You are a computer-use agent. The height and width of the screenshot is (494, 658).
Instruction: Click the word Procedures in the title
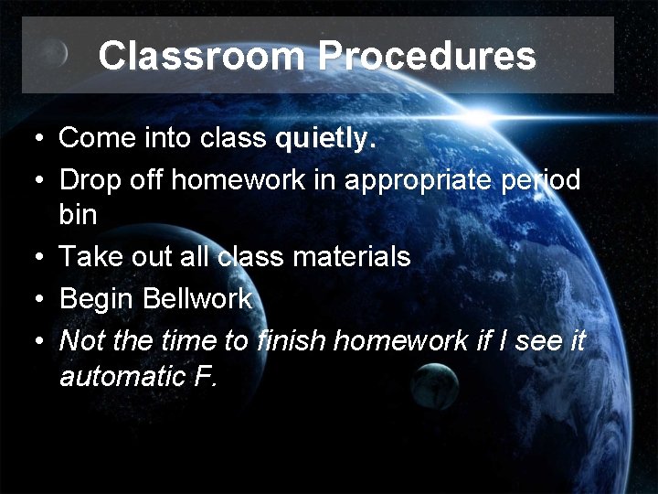coord(427,56)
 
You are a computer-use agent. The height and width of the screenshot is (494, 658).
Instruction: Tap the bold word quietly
coord(325,139)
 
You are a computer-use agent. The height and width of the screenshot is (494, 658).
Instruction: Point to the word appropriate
coord(413,180)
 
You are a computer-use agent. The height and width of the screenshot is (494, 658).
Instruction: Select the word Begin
coord(96,298)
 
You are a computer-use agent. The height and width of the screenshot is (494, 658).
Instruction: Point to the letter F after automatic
coord(206,376)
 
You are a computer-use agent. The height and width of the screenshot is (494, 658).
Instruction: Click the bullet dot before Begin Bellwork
coord(36,299)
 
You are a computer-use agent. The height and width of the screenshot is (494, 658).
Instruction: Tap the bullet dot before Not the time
coord(36,341)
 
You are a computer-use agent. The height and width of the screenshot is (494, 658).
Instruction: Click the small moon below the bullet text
coord(434,387)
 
